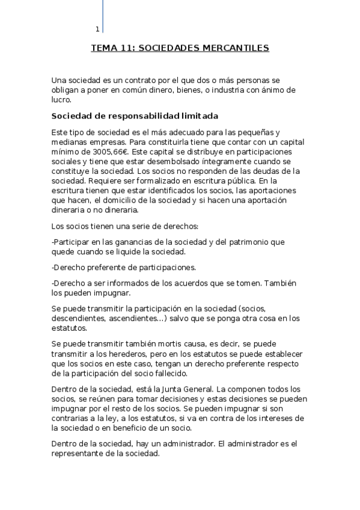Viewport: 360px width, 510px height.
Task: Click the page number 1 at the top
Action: pos(97,29)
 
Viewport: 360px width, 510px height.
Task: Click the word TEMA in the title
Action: pos(103,48)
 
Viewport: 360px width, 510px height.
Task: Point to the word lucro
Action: pos(62,100)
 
